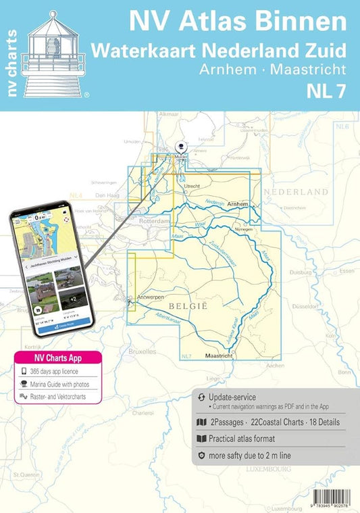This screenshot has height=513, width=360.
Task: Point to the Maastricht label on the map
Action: [x=217, y=356]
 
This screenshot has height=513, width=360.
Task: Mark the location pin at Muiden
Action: [x=180, y=147]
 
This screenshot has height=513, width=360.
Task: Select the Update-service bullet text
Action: [x=232, y=397]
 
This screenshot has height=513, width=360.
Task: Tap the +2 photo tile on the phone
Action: [x=69, y=278]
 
